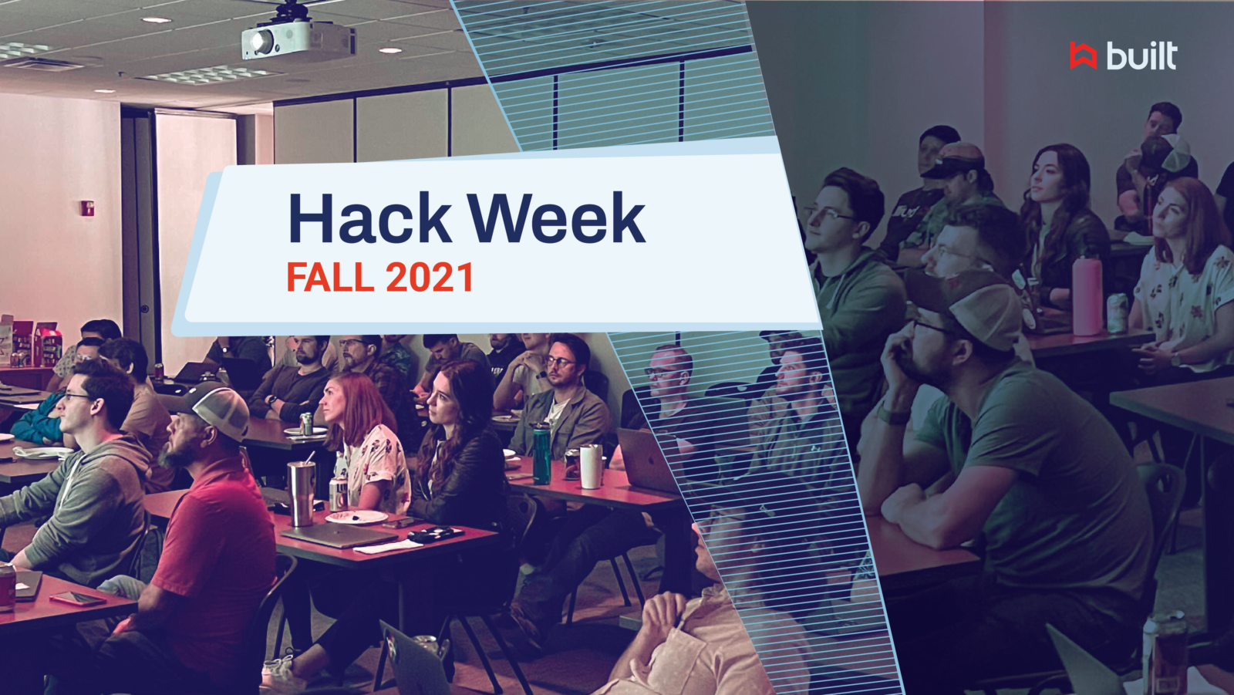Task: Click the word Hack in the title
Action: (370, 219)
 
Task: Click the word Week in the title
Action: (556, 219)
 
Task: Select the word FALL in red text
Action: (330, 278)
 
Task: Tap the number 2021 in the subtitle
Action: (430, 278)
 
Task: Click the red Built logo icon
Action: (1083, 56)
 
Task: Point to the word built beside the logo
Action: (1141, 56)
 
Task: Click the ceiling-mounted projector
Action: (297, 39)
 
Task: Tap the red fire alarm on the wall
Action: (88, 207)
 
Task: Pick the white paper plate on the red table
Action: (356, 517)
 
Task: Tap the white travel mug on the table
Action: (591, 466)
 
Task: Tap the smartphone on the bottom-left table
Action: (77, 599)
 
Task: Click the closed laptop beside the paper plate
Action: (339, 535)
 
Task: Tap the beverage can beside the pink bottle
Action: (1117, 312)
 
